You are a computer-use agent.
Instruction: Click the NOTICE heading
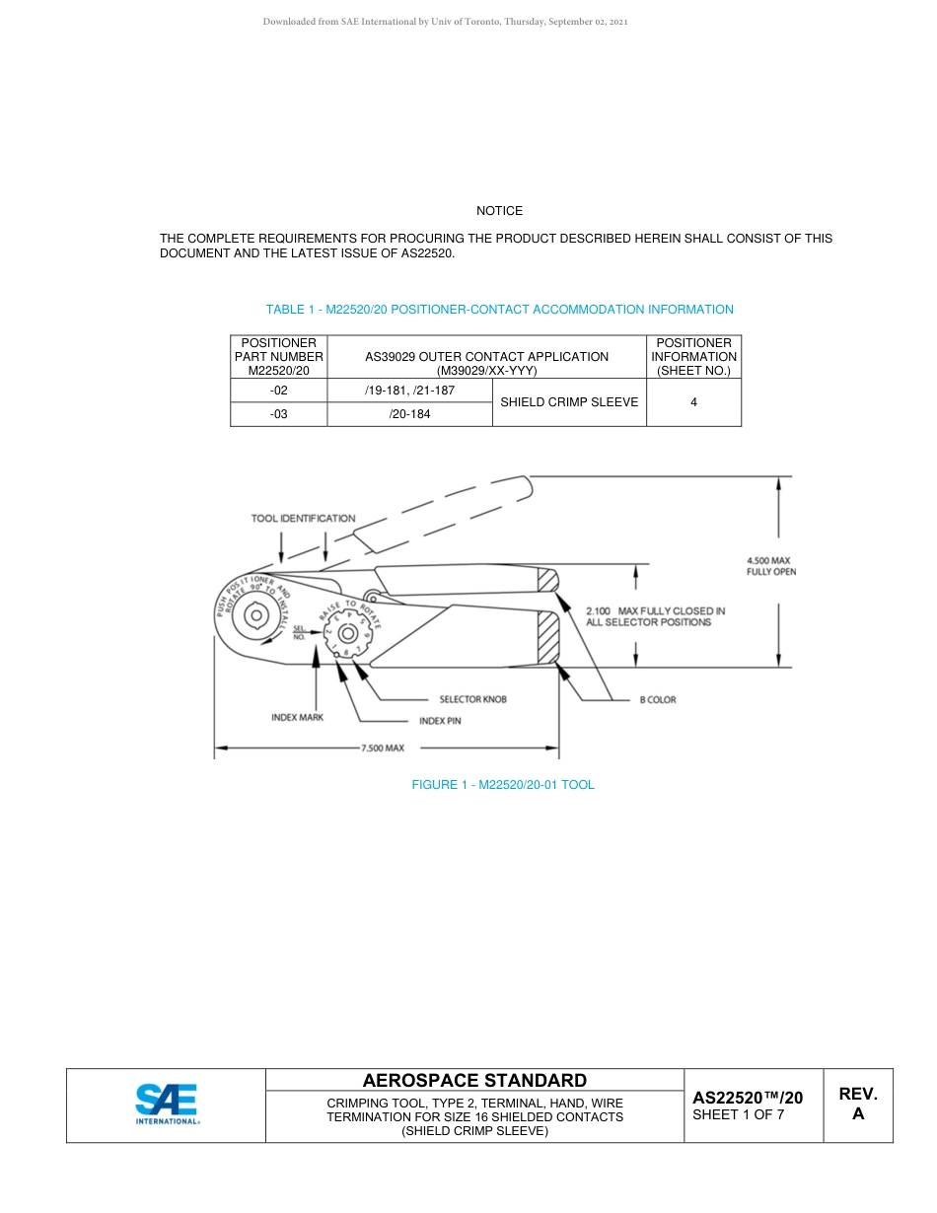point(499,211)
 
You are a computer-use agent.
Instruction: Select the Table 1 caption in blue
point(499,310)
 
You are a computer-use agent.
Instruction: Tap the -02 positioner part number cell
point(279,391)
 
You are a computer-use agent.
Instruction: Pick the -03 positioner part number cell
point(279,414)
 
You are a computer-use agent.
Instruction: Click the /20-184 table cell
point(409,414)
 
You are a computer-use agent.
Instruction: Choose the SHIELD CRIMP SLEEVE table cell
point(569,402)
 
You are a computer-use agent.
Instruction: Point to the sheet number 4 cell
point(693,402)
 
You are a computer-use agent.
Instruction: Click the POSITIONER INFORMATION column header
point(693,357)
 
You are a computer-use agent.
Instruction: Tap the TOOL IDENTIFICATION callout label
point(303,518)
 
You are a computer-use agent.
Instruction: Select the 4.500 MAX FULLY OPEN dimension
point(770,566)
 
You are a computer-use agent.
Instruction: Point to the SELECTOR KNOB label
point(472,699)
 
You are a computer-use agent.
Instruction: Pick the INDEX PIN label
point(440,721)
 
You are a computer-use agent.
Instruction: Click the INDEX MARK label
point(297,717)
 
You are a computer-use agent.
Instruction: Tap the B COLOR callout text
point(658,699)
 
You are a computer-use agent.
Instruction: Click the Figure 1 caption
point(502,785)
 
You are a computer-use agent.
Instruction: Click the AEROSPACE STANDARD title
point(474,1081)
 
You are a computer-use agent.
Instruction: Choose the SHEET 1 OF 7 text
point(739,1115)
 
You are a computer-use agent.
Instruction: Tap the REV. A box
point(857,1105)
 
